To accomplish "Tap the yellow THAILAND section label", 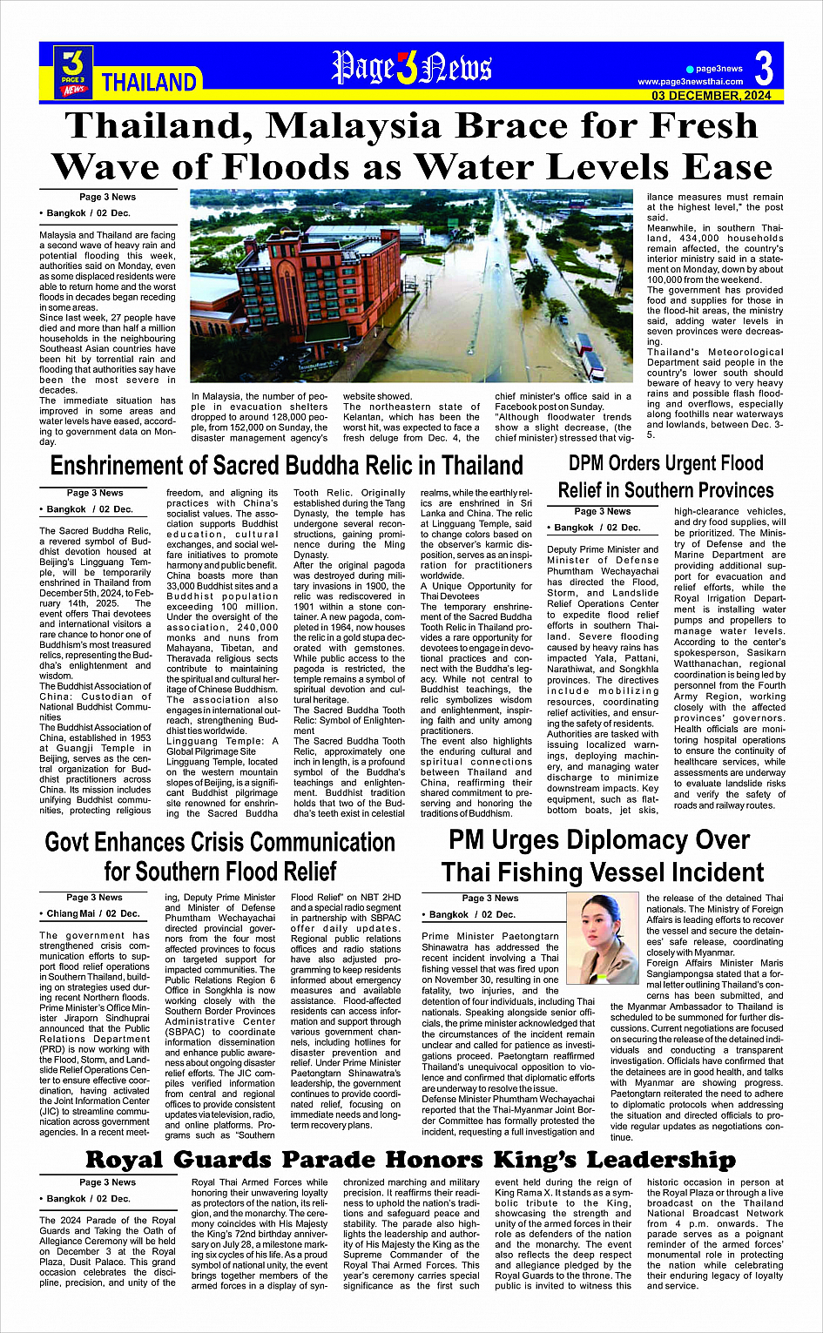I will coord(149,83).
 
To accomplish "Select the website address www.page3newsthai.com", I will coord(691,82).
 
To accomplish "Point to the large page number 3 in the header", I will coord(764,68).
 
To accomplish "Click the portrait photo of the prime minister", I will coord(602,939).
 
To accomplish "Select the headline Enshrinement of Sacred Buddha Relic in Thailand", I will coord(287,466).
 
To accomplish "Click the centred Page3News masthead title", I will coord(411,68).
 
